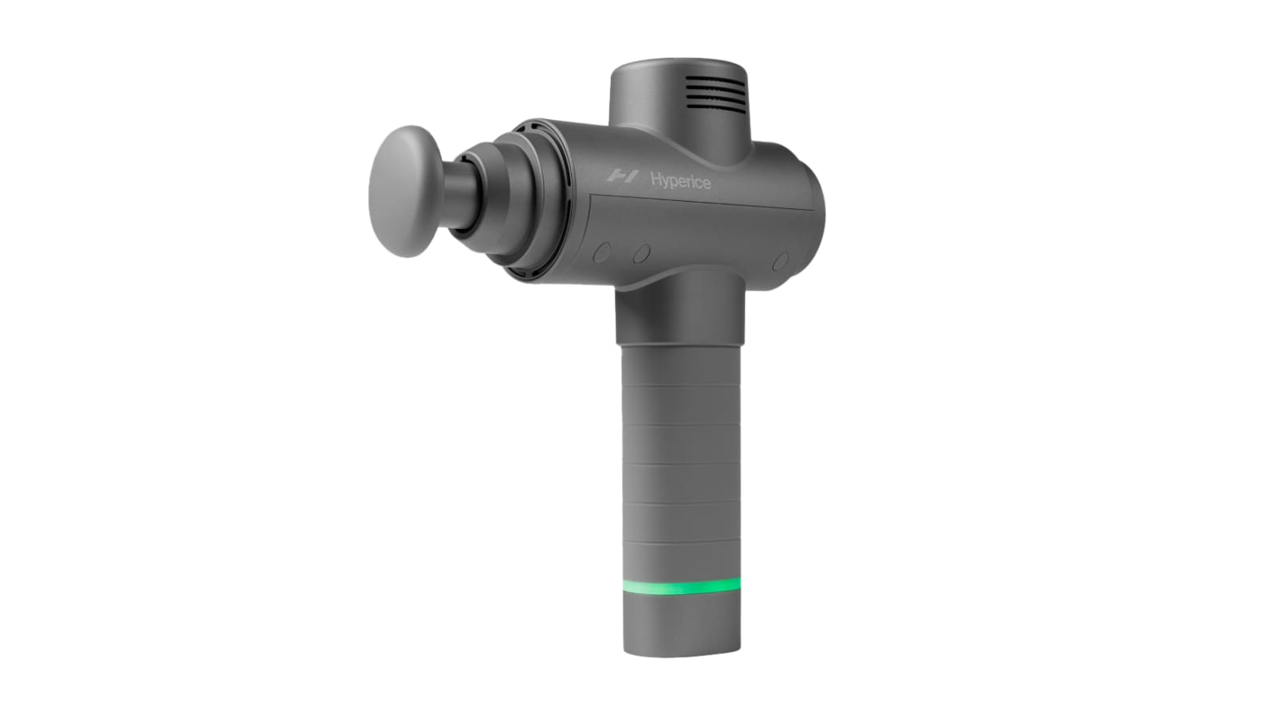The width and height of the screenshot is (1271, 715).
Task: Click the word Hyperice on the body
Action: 680,182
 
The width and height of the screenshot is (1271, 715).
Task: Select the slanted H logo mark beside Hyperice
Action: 623,176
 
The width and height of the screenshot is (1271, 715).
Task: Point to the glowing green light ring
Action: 682,586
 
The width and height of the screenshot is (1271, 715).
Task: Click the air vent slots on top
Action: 714,93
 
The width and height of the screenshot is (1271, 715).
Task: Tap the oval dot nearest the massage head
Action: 602,253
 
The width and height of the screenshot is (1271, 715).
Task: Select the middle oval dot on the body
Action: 642,253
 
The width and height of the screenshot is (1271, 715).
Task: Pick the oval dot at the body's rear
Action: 781,261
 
